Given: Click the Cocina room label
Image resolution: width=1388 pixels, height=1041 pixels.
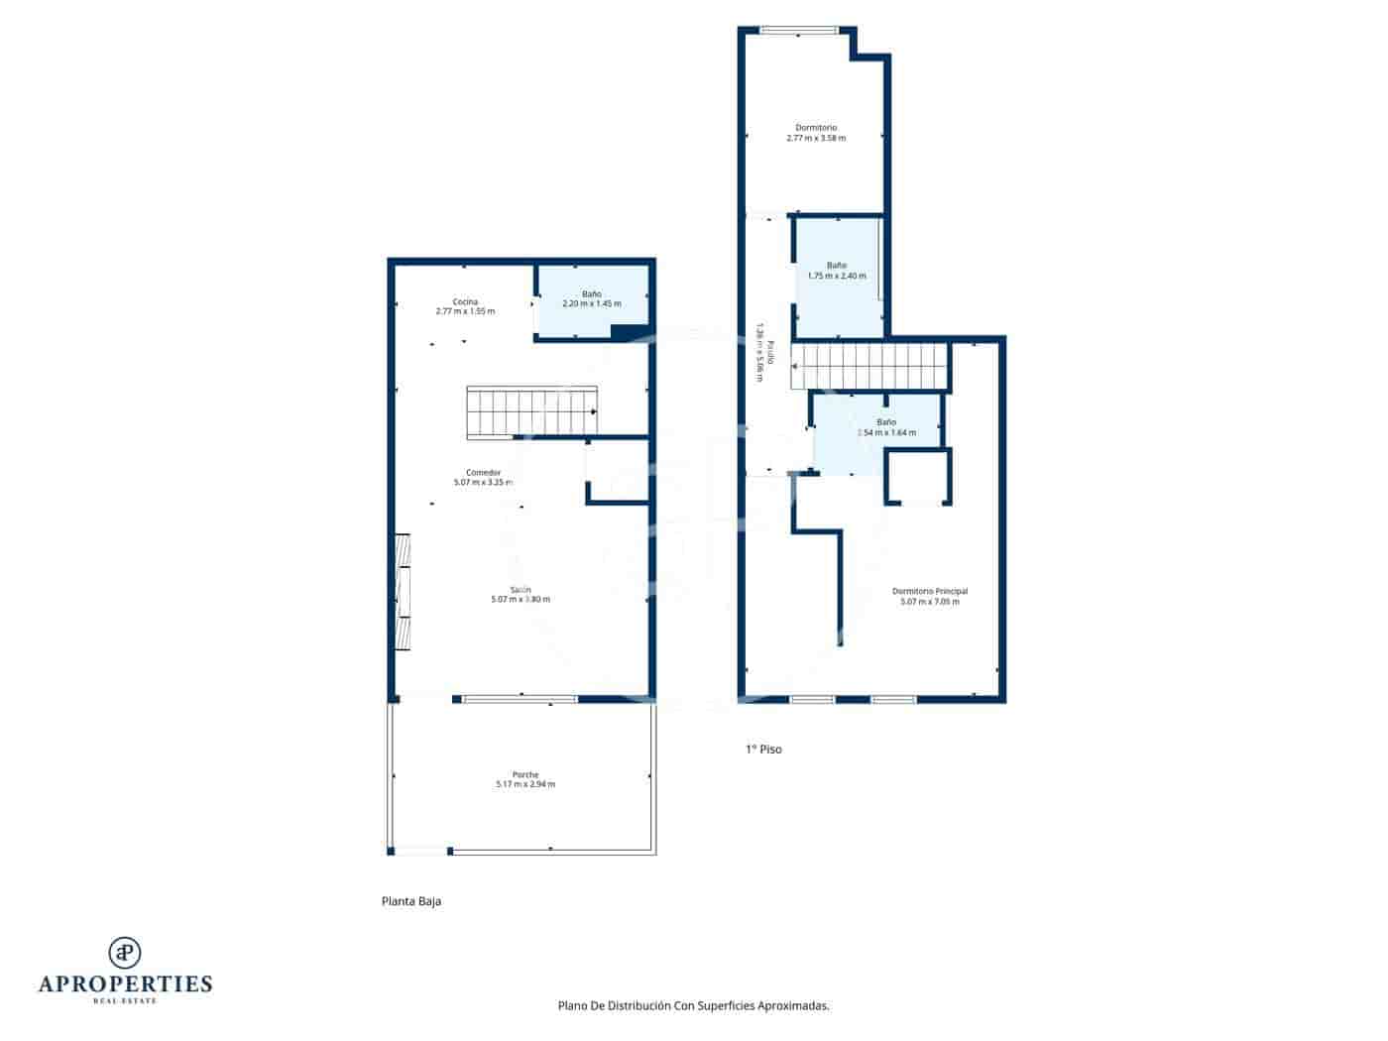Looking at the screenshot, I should click(x=465, y=301).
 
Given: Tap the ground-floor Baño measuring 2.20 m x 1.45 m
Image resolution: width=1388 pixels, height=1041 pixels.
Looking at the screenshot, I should click(x=592, y=299).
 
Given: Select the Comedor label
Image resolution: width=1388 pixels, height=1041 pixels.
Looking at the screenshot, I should click(x=483, y=472).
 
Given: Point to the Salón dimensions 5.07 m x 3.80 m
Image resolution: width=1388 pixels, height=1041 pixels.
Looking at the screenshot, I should click(x=520, y=600).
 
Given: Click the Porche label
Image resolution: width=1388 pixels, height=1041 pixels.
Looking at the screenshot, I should click(x=525, y=774).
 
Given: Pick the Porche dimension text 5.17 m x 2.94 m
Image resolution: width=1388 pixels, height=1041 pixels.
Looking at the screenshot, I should click(x=525, y=784).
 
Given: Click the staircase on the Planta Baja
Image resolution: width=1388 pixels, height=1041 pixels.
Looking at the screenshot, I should click(x=532, y=412).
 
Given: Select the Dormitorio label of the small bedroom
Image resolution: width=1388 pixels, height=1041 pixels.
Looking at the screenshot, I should click(x=816, y=128).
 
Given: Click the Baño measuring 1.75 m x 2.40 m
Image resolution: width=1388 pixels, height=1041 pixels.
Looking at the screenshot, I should click(x=837, y=271).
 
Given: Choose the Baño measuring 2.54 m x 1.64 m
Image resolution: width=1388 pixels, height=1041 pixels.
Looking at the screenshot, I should click(x=885, y=427).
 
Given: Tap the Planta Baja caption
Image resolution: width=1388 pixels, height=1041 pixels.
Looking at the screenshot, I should click(x=411, y=901).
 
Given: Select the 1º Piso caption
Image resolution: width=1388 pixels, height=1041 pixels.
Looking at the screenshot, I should click(x=763, y=750).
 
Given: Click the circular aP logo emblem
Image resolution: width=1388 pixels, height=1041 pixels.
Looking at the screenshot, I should click(x=125, y=953).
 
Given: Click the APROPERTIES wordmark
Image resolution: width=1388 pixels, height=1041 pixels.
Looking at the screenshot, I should click(x=125, y=983).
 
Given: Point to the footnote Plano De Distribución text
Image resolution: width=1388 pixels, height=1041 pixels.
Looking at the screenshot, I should click(x=693, y=1005).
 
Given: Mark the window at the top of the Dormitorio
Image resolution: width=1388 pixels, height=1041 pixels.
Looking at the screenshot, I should click(x=799, y=30).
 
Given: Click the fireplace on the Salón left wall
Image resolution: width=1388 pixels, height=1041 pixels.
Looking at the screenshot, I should click(x=403, y=593).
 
